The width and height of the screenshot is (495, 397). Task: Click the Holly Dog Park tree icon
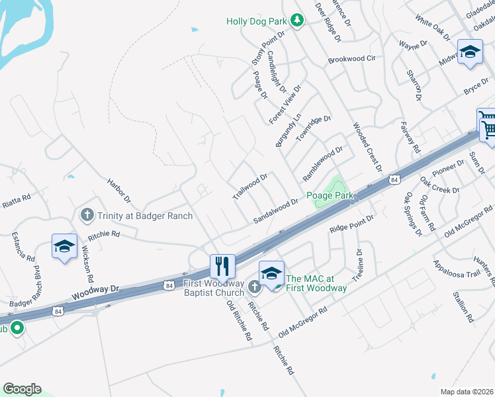click(298, 21)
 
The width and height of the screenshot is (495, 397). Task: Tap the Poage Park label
click(330, 196)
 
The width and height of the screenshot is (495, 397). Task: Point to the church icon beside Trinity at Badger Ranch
click(86, 215)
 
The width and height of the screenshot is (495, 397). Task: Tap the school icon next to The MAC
click(271, 273)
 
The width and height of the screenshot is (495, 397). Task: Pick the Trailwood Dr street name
click(250, 187)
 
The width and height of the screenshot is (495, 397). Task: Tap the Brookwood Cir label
click(352, 60)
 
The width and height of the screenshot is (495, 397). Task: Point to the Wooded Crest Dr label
click(367, 146)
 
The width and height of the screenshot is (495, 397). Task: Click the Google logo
click(22, 389)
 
